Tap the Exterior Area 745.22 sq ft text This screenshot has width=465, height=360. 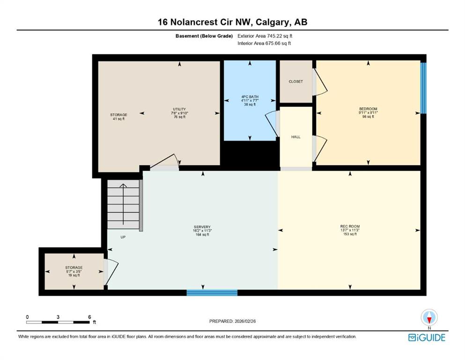pyautogui.click(x=265, y=36)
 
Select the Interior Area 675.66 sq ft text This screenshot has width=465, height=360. pyautogui.click(x=264, y=43)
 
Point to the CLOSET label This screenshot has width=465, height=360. pyautogui.click(x=295, y=81)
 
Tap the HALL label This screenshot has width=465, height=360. pyautogui.click(x=295, y=137)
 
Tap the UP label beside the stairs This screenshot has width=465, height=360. pyautogui.click(x=123, y=237)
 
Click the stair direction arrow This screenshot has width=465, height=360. pyautogui.click(x=123, y=204)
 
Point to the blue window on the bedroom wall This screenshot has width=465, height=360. pyautogui.click(x=423, y=88)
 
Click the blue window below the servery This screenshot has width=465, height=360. pyautogui.click(x=212, y=292)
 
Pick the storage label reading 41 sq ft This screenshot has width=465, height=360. pyautogui.click(x=118, y=117)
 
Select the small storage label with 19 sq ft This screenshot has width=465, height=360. pyautogui.click(x=74, y=271)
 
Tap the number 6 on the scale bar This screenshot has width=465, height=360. pyautogui.click(x=89, y=317)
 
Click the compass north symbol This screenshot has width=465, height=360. pyautogui.click(x=429, y=318)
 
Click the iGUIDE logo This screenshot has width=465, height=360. pyautogui.click(x=427, y=338)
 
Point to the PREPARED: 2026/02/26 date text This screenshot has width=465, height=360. pyautogui.click(x=232, y=321)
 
